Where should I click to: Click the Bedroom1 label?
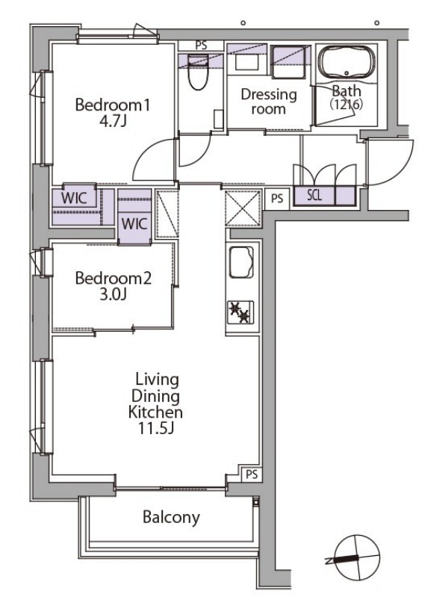coord(113,105)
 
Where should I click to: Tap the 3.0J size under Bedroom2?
coord(113,294)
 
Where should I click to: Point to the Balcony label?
coord(171,517)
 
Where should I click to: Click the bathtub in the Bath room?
coord(347,63)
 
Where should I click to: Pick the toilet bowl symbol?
coord(198,72)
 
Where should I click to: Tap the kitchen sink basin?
coord(241,262)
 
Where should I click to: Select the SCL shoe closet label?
coord(314,196)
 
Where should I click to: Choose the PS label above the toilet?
coord(201,45)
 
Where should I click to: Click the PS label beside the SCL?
coord(277,198)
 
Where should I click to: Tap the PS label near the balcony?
coord(252,474)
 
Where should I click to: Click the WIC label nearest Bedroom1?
coord(74,198)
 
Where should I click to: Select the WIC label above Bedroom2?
coord(134,223)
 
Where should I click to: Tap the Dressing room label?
coord(269,102)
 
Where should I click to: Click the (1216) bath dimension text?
coord(347,104)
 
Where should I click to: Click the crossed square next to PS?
coord(243,208)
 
